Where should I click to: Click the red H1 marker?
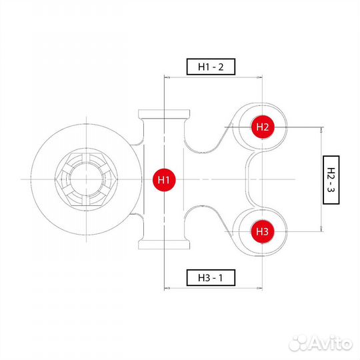point(164,180)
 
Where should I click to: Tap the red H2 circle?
point(263,127)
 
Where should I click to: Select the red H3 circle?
point(263,231)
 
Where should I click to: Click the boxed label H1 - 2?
point(211,67)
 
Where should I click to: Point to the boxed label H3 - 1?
point(211,278)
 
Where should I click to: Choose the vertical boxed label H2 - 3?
point(331,180)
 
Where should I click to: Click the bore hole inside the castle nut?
point(86,179)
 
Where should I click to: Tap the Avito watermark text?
point(330,343)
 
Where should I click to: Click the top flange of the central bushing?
point(164,113)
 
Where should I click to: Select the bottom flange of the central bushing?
point(164,245)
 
